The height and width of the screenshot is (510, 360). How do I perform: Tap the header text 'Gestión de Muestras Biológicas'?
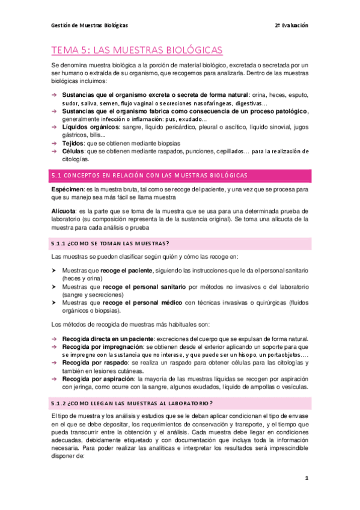[89, 26]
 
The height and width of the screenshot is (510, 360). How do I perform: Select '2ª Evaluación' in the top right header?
[291, 26]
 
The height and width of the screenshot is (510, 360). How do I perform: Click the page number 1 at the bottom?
[306, 479]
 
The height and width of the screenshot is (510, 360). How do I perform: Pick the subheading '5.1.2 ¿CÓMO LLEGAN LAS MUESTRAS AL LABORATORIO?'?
[141, 385]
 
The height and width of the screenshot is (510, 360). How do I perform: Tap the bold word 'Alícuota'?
[64, 211]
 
